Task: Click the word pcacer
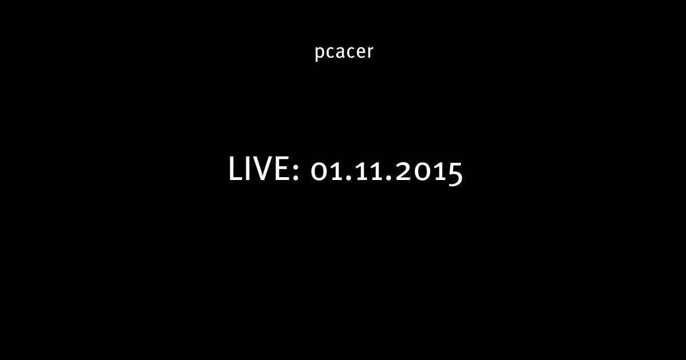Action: [x=344, y=53]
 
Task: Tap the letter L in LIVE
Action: [x=235, y=169]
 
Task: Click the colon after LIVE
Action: [x=296, y=172]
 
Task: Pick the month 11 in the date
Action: [x=366, y=172]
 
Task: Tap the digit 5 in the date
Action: [x=455, y=174]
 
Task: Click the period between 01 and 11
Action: [x=346, y=178]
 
